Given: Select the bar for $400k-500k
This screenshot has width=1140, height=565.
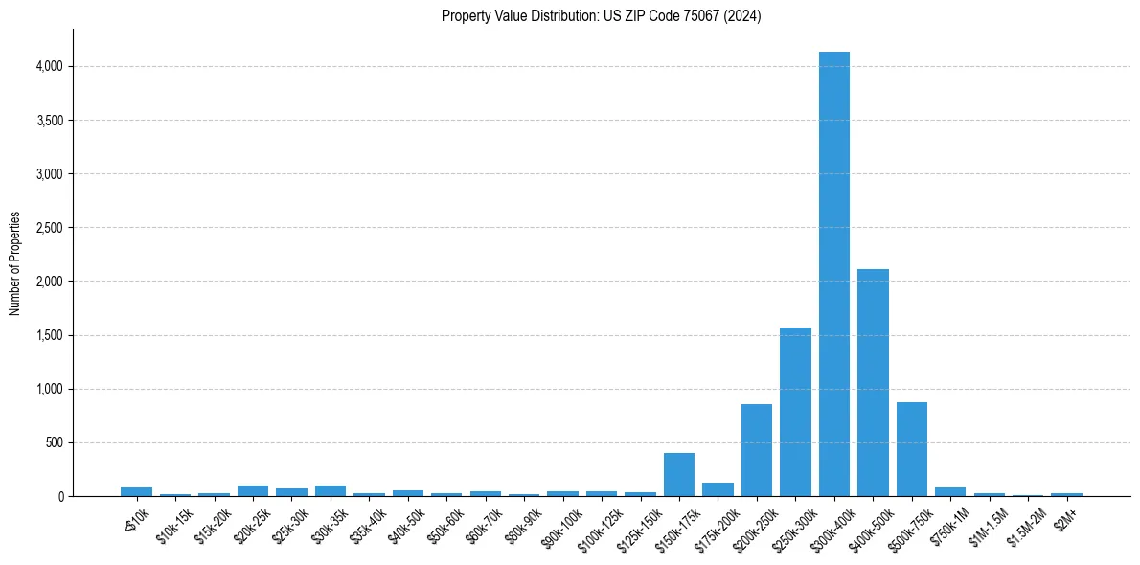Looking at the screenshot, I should pos(873,383).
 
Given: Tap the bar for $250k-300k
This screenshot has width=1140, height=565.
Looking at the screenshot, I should pos(795,412).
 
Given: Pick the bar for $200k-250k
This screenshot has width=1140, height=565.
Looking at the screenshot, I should pos(757,450).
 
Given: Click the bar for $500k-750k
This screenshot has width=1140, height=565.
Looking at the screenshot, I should pos(911,449).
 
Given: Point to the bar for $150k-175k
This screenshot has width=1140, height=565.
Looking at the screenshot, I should pos(679,475).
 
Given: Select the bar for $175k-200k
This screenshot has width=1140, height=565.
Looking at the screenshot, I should pos(718,489).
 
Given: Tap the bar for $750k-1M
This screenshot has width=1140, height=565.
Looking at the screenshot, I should pos(950,491).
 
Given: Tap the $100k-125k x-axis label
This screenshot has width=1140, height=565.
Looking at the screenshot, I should pos(598,526).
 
